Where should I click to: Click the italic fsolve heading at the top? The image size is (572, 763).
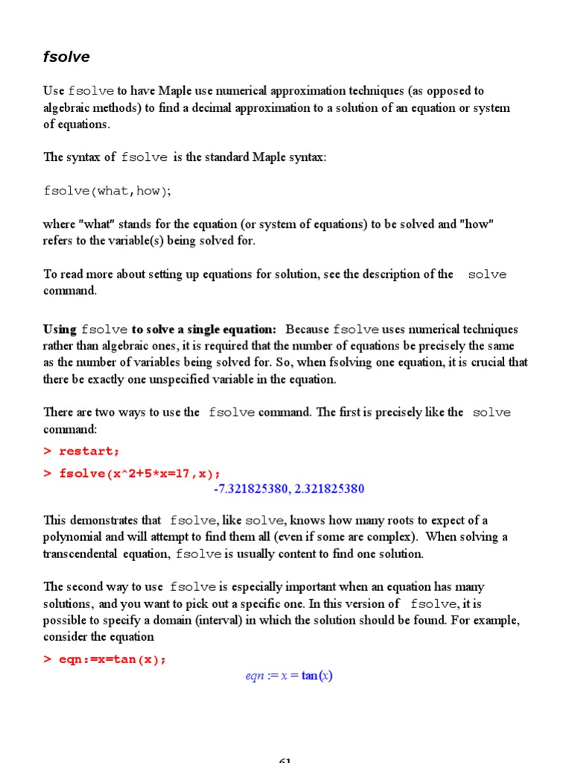pyautogui.click(x=66, y=57)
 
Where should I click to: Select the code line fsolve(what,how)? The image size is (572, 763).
pyautogui.click(x=107, y=191)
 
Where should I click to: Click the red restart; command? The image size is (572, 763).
pyautogui.click(x=89, y=452)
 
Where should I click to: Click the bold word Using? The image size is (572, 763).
pyautogui.click(x=60, y=329)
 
